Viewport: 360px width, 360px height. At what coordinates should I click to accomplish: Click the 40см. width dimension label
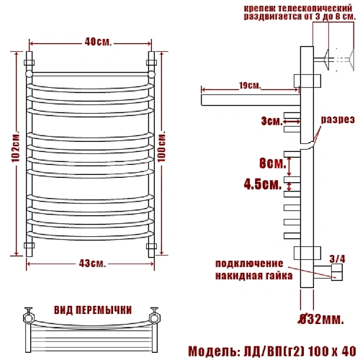click(x=98, y=42)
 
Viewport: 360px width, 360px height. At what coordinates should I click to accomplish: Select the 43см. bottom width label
click(x=92, y=264)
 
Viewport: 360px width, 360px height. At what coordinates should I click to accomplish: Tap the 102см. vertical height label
click(x=16, y=147)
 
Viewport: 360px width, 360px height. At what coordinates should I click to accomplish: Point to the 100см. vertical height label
click(x=162, y=146)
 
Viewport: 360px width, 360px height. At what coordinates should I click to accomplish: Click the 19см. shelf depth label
click(x=250, y=86)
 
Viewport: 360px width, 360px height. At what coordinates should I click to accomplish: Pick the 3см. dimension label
click(x=272, y=121)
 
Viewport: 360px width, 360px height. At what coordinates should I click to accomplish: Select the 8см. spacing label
click(x=273, y=163)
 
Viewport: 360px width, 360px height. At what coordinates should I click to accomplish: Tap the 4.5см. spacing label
click(x=263, y=184)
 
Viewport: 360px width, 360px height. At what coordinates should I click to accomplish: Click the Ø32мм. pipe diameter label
click(x=321, y=320)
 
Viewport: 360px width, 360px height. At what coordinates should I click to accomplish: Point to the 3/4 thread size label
click(x=337, y=259)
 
